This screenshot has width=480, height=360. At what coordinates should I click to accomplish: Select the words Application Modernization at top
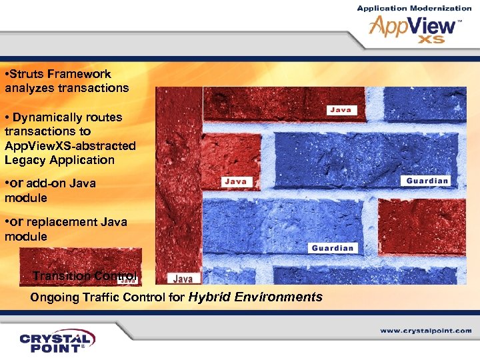click(x=414, y=8)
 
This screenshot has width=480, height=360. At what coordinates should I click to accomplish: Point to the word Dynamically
click(x=43, y=117)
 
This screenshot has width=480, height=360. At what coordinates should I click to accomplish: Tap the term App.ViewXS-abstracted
click(x=70, y=145)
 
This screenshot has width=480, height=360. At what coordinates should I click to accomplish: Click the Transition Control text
click(x=85, y=276)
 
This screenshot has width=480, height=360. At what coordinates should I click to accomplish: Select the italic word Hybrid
click(x=212, y=297)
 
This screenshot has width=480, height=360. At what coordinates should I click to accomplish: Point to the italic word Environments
click(x=280, y=297)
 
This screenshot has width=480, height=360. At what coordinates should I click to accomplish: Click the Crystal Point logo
click(x=57, y=340)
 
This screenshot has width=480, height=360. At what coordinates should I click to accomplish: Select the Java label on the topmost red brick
click(x=342, y=109)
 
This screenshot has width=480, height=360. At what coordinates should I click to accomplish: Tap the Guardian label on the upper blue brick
click(x=427, y=181)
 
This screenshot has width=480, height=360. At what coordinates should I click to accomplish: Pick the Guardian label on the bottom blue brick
click(x=333, y=248)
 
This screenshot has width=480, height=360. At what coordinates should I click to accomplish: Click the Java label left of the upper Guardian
click(x=235, y=181)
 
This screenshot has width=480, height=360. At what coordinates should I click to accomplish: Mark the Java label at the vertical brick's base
click(x=183, y=279)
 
